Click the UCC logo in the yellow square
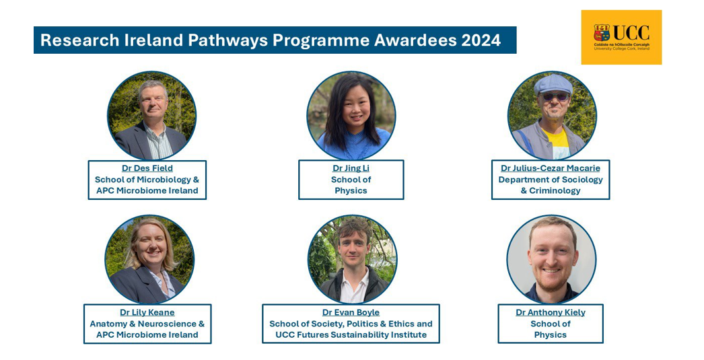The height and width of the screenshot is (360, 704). coord(621,37)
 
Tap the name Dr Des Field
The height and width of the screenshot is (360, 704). coord(147,168)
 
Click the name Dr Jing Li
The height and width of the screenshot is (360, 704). coord(351,168)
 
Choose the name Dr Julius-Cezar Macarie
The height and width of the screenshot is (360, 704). coord(551,168)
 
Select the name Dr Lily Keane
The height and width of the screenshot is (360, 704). coord(147,312)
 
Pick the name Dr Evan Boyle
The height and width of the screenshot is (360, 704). coord(351,312)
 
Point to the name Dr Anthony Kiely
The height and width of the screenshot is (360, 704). coord(551,312)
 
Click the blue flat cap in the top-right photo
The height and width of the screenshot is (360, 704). coord(553,84)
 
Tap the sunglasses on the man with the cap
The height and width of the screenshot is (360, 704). coord(555,96)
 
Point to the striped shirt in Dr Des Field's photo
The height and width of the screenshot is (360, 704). coord(157,142)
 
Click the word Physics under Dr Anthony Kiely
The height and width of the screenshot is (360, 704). coord(551,335)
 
